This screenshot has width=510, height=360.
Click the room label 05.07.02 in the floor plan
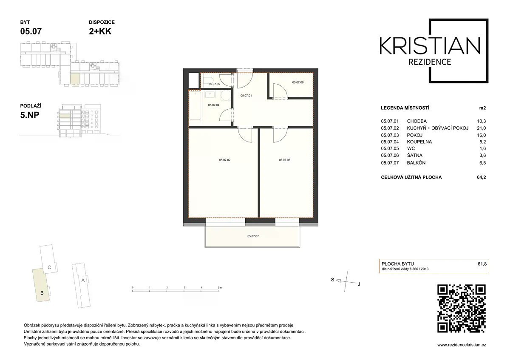[224, 160]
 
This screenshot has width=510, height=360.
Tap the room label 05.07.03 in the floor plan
[284, 160]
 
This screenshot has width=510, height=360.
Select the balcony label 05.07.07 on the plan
[253, 236]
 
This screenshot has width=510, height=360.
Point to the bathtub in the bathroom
[195, 105]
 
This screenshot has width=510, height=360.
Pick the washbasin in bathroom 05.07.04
[210, 94]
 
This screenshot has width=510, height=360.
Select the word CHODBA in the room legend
[416, 121]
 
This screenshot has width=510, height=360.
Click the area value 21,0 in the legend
[481, 128]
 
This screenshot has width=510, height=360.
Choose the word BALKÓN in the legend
[416, 163]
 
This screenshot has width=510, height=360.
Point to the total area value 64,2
[481, 177]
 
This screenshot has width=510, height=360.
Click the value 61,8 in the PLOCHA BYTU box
[482, 264]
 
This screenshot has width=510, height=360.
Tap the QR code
[462, 309]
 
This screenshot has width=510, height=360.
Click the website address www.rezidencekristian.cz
[462, 345]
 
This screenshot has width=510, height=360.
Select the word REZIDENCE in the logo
[430, 62]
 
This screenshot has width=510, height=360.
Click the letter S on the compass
[332, 280]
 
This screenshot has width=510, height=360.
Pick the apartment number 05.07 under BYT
[31, 31]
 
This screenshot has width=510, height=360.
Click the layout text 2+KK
[100, 31]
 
